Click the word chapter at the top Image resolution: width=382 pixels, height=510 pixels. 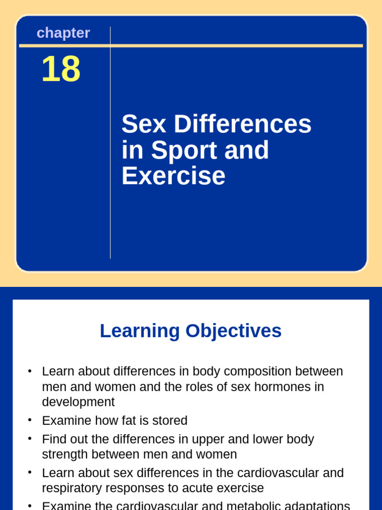click(x=63, y=33)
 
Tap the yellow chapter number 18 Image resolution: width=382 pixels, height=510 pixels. click(x=61, y=69)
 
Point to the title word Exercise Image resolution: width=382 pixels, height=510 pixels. click(x=173, y=176)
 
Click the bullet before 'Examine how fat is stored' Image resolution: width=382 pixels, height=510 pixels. click(x=30, y=420)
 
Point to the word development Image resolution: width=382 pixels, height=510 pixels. click(x=78, y=402)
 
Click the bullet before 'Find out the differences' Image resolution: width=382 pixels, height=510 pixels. click(x=30, y=438)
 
